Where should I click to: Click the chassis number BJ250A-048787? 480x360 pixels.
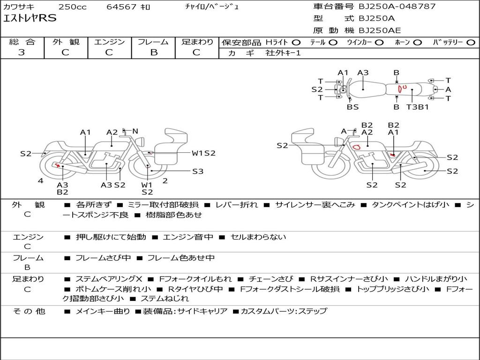click(397, 7)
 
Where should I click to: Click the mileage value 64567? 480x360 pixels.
click(121, 7)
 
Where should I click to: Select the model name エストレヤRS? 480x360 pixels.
click(30, 19)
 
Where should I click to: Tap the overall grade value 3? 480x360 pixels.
click(22, 52)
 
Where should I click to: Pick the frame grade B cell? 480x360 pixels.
click(153, 52)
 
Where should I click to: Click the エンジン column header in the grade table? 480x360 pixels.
click(109, 42)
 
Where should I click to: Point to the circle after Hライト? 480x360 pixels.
click(296, 43)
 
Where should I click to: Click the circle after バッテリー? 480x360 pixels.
click(471, 43)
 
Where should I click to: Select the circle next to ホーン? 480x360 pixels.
click(417, 43)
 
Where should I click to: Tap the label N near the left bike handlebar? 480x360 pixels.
click(135, 131)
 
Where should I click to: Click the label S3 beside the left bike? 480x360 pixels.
click(198, 172)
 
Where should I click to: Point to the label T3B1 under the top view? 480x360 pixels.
click(417, 107)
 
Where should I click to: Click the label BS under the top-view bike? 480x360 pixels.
click(352, 107)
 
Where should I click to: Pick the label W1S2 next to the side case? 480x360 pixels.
click(203, 153)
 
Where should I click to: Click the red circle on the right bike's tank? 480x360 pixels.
click(356, 147)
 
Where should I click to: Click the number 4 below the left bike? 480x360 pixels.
click(41, 181)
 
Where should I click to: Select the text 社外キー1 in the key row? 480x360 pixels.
click(283, 53)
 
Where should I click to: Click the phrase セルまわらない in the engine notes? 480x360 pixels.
click(258, 237)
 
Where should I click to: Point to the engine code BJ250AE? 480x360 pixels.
click(380, 30)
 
